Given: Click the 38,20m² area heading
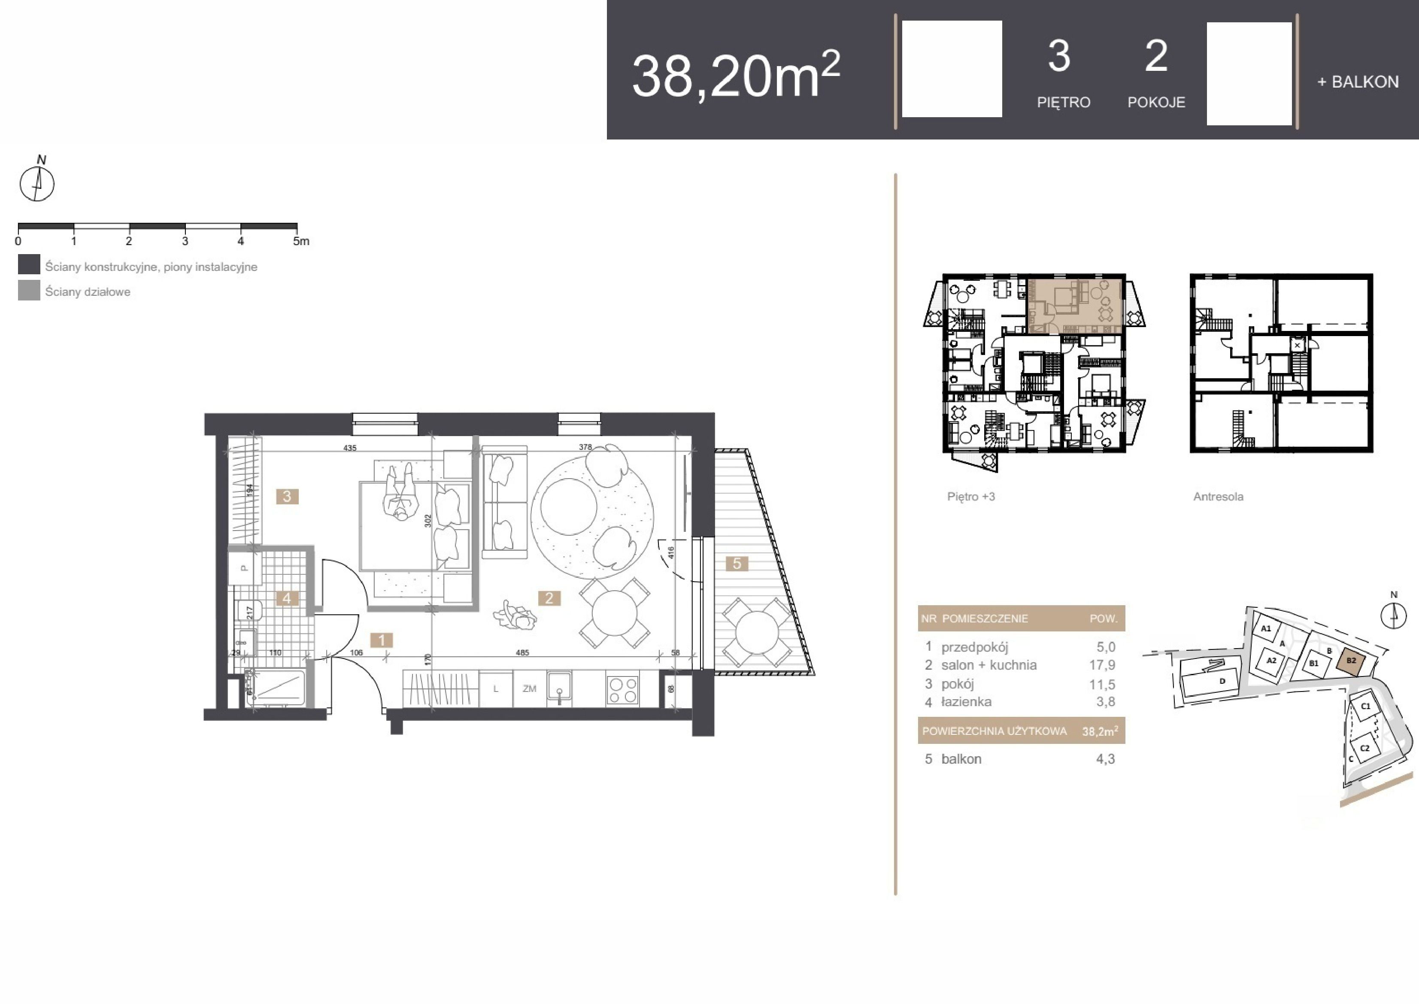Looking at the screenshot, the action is [x=735, y=75].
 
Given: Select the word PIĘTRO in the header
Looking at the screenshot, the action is [x=1064, y=102].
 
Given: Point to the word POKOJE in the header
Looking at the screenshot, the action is [x=1156, y=102].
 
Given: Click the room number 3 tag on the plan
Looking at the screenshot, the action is [x=287, y=497].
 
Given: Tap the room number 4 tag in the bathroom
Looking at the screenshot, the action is [x=287, y=598].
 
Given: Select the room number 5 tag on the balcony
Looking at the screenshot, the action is [x=737, y=563].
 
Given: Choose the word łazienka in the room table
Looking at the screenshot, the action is [x=966, y=702].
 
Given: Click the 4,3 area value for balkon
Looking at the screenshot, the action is [x=1105, y=759].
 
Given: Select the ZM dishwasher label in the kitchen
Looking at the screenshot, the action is [x=529, y=689].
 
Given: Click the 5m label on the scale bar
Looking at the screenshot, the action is [x=301, y=241].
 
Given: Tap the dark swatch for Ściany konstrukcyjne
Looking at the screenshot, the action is [x=29, y=264].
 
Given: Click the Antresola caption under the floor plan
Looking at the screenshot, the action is [x=1218, y=497].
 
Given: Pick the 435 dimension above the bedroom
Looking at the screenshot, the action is [x=350, y=448].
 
